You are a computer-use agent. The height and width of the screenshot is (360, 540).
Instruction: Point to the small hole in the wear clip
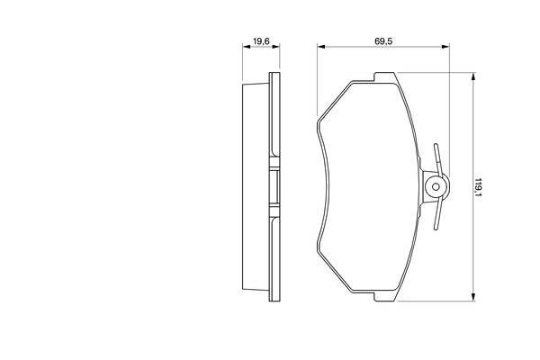click(x=436, y=188)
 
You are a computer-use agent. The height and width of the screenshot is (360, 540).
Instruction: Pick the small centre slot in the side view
click(x=270, y=187)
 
